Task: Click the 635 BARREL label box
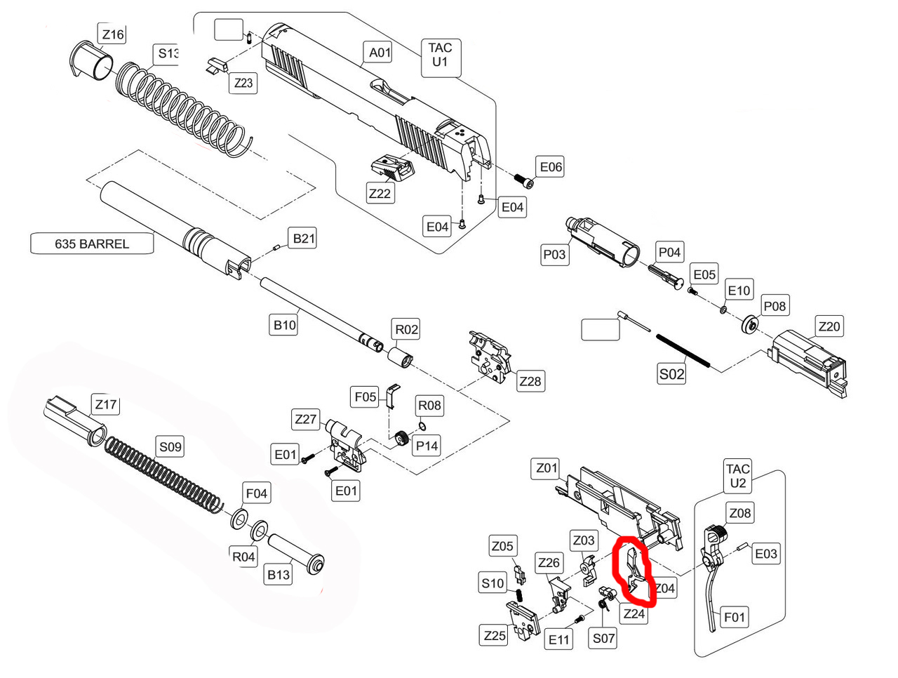click(x=92, y=244)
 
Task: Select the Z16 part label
click(x=112, y=34)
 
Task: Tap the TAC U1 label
click(x=440, y=55)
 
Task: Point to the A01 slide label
click(x=380, y=52)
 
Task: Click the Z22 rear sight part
click(x=391, y=168)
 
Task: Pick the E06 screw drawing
click(x=523, y=181)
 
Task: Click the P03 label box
click(x=554, y=255)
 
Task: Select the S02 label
click(x=671, y=374)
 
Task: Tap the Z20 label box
click(x=829, y=326)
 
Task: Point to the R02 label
click(x=406, y=329)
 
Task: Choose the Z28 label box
click(x=530, y=381)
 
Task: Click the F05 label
click(x=365, y=397)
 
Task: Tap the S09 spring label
click(x=170, y=446)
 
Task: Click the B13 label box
click(x=279, y=575)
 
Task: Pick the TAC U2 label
click(x=737, y=476)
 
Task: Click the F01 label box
click(x=734, y=617)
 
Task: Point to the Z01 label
click(x=547, y=468)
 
